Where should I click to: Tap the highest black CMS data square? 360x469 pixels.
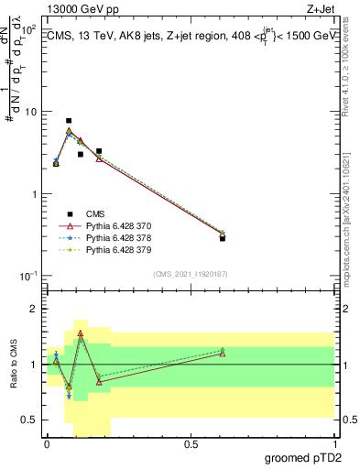tap(69, 121)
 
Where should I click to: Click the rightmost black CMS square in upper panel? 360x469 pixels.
tap(223, 238)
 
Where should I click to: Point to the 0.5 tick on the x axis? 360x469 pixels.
tap(191, 444)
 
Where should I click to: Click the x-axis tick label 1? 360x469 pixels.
tap(333, 444)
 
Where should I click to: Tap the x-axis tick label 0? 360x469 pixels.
tap(48, 444)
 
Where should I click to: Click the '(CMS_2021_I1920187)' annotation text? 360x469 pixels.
tap(190, 274)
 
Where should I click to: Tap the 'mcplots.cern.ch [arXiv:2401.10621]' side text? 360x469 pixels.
tap(351, 220)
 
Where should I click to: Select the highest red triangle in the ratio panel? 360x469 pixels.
tap(81, 333)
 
